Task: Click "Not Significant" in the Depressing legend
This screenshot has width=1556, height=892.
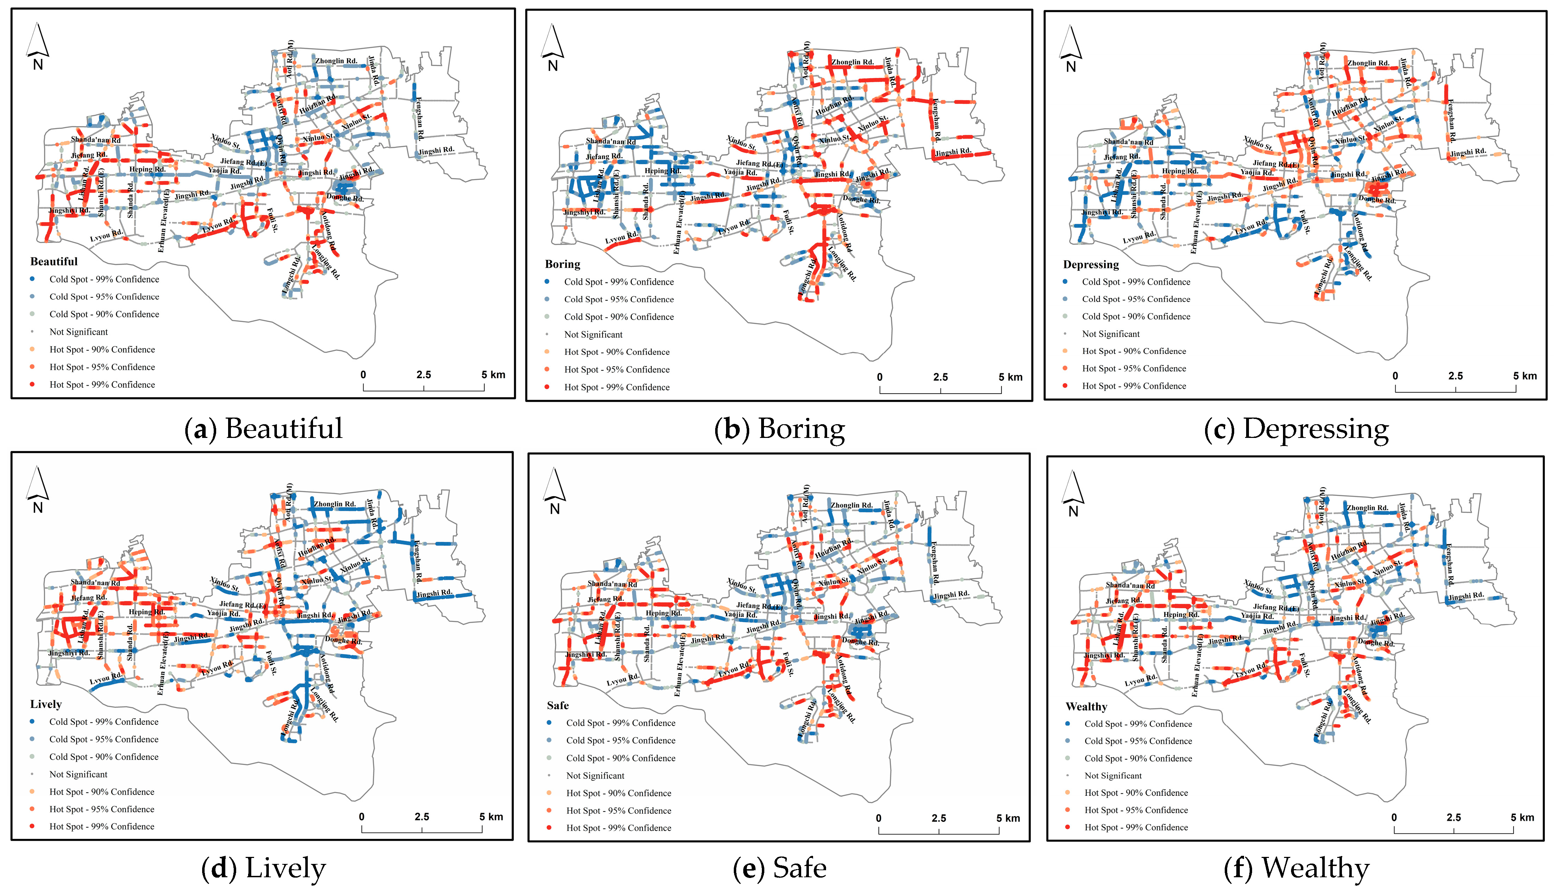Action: [x=1110, y=334]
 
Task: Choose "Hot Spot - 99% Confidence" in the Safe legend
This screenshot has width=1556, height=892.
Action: [x=618, y=828]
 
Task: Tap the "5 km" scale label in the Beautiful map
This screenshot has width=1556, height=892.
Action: [x=493, y=374]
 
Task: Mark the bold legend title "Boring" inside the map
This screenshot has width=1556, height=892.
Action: [x=563, y=264]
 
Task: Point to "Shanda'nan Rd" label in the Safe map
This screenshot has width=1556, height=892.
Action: [x=612, y=584]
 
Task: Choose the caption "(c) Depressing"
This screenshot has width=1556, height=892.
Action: [x=1296, y=429]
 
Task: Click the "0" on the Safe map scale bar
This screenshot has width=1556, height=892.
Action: [x=878, y=818]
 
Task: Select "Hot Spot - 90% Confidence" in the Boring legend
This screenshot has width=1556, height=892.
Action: [x=617, y=352]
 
